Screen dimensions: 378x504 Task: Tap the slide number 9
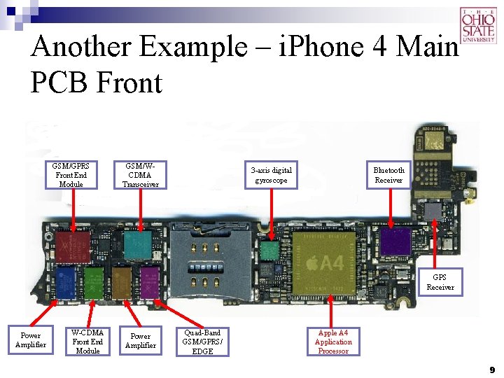point(492,369)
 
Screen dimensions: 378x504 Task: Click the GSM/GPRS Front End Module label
point(71,175)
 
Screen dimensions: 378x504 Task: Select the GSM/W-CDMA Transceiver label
point(141,175)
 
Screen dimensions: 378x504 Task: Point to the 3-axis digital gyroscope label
point(272,175)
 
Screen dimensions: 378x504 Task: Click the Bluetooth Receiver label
point(388,175)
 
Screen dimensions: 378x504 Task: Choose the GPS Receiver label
point(440,282)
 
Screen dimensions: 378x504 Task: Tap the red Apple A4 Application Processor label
point(333,342)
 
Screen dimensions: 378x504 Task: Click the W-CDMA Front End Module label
point(87,341)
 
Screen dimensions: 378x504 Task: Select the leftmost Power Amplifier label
point(30,340)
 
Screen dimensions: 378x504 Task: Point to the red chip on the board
point(74,247)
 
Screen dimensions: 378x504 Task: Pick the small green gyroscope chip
point(269,251)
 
